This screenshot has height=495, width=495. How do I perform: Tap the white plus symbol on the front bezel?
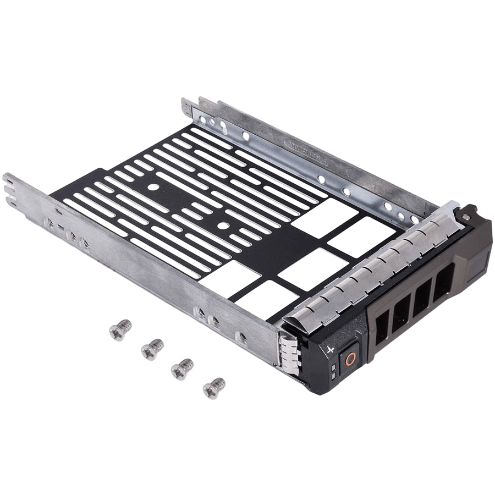click(331, 349)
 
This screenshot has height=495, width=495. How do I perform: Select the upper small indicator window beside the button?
click(334, 366)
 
